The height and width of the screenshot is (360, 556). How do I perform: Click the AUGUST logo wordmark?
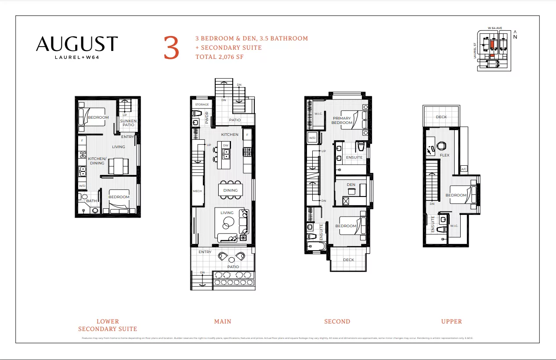click(77, 44)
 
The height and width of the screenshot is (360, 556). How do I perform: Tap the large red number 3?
click(171, 48)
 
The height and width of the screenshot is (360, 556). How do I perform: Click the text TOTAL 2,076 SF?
click(220, 57)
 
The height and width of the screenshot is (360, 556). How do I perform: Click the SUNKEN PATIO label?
click(128, 123)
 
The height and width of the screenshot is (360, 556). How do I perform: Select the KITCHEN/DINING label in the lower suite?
click(97, 161)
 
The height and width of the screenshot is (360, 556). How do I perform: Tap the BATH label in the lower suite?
click(91, 201)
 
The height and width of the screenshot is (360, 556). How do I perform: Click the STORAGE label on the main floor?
click(202, 105)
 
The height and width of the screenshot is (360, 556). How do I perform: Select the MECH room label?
click(197, 191)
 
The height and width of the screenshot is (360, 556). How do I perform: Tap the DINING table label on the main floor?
click(230, 190)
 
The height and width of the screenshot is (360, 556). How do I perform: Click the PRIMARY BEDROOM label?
click(342, 120)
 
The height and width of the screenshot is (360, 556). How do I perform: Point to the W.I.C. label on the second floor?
click(318, 114)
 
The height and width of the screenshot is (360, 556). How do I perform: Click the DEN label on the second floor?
click(351, 185)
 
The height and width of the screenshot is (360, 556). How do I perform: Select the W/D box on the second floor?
click(313, 138)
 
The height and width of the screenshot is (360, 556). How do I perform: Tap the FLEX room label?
click(444, 155)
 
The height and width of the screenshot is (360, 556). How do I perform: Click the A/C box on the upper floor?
click(464, 169)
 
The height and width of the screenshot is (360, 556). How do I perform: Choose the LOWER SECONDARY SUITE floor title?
click(108, 325)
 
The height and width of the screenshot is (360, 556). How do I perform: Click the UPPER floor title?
click(451, 321)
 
